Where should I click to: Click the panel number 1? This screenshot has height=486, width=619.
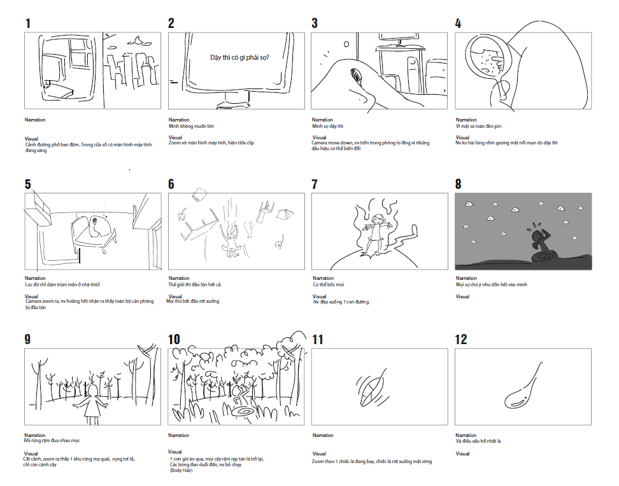[27, 24]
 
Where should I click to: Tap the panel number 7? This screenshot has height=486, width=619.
[315, 184]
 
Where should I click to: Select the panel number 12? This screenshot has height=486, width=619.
[461, 340]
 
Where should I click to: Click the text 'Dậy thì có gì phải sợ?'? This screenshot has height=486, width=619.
[239, 57]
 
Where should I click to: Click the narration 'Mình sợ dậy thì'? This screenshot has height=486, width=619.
[327, 127]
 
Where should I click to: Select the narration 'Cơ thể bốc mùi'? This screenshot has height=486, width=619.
[327, 284]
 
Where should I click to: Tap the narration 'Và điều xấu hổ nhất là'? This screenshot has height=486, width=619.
[479, 441]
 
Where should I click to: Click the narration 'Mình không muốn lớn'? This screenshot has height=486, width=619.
[187, 127]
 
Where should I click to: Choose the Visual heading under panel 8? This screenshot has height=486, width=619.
[463, 296]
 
